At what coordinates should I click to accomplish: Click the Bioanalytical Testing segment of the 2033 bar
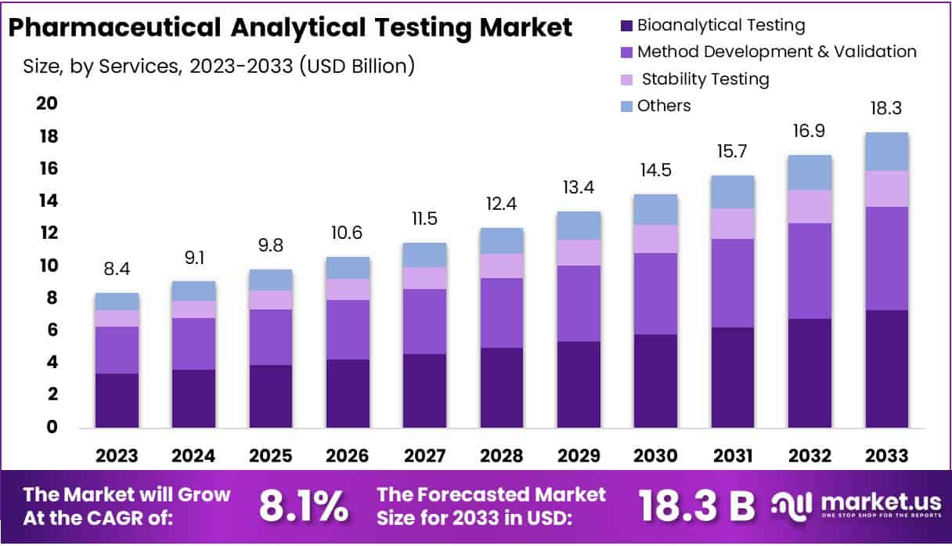point(887,368)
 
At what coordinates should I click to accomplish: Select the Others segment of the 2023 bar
point(117,302)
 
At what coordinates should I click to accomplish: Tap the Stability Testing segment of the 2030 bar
point(656,239)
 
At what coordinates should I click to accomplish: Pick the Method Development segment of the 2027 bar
point(425,321)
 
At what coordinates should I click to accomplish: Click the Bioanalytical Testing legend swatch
point(625,26)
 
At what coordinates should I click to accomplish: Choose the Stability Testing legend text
point(704,79)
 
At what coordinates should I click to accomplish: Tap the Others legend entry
point(664,106)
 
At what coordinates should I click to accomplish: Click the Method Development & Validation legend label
point(777,52)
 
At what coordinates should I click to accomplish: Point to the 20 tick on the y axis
point(49,105)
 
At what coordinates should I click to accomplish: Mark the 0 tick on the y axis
point(52,428)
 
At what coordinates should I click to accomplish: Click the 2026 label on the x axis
point(348,456)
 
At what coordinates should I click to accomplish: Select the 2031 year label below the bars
point(734,456)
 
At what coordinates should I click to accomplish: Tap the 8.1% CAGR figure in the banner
point(304,507)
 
